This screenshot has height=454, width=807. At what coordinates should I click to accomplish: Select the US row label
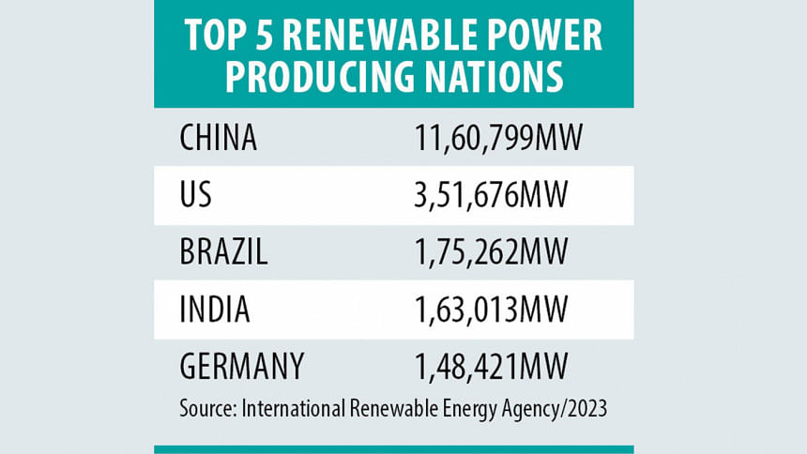(x=195, y=195)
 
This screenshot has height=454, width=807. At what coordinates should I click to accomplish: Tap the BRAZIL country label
(x=223, y=251)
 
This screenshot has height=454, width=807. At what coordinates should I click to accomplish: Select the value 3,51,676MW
(x=492, y=195)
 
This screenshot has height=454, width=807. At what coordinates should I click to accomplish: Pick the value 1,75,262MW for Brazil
(x=493, y=251)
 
